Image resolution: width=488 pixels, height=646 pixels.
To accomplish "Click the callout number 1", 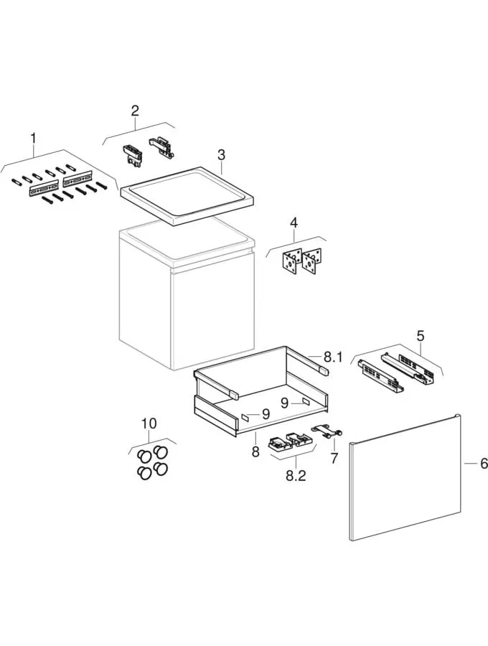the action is tap(33, 138).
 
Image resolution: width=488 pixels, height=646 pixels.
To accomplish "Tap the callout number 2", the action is tap(135, 111).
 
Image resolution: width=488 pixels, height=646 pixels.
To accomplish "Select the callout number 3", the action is tap(222, 155).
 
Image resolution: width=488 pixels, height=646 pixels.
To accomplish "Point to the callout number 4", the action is tap(294, 223).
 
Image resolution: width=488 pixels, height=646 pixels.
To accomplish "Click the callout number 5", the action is tap(420, 336).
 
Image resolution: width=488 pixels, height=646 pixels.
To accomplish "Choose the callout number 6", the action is tap(484, 463).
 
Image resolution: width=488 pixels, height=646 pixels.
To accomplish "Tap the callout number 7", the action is tap(334, 457).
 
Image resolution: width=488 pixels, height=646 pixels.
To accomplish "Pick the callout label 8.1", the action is tap(333, 357).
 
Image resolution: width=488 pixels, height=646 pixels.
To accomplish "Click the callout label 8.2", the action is tap(296, 476).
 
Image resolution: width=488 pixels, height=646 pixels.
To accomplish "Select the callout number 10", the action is tap(149, 423).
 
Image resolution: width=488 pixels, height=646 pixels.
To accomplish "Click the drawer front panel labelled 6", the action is tap(405, 477).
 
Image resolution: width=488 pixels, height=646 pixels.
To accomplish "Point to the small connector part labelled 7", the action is tap(327, 431).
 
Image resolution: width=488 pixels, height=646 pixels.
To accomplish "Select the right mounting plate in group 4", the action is tap(311, 261).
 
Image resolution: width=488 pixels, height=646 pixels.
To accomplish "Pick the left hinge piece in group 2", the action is tap(132, 156).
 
